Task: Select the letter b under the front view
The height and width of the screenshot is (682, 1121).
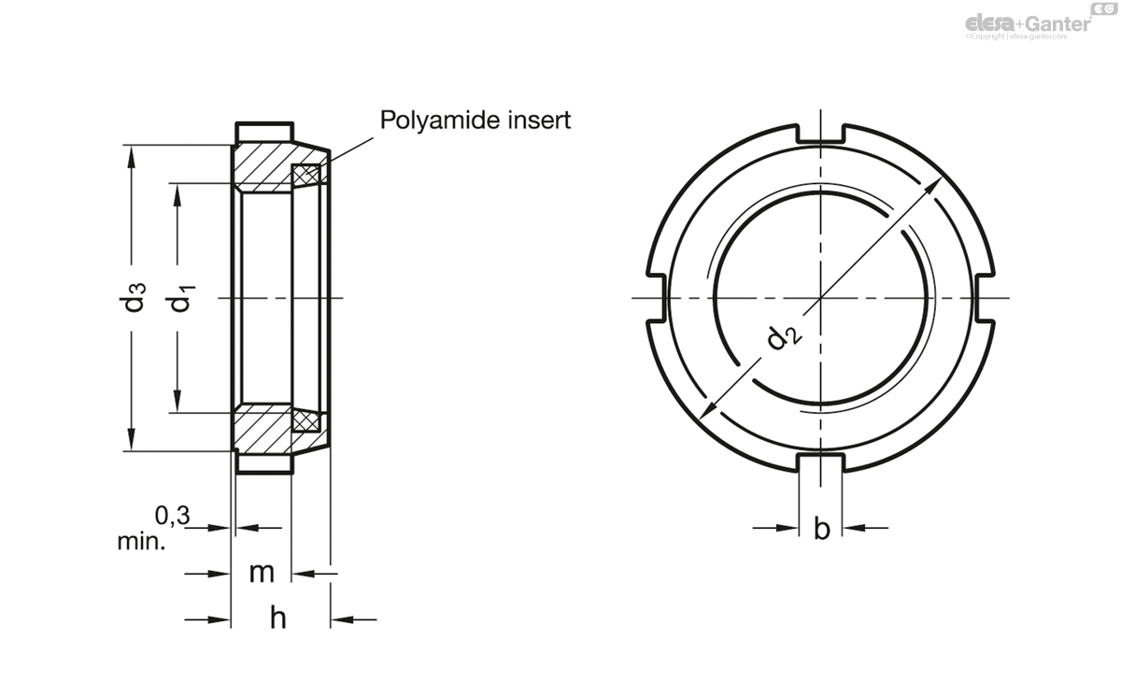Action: click(822, 529)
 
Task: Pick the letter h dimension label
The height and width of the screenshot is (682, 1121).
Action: click(277, 618)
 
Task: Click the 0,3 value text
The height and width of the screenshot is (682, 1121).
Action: click(171, 514)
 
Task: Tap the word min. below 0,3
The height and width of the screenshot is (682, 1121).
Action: click(141, 541)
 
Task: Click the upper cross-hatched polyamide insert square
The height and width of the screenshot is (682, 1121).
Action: click(306, 175)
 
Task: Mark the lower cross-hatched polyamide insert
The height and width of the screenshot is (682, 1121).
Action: click(307, 421)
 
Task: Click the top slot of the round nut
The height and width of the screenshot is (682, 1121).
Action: click(822, 134)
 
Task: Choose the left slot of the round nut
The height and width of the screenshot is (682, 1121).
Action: click(656, 298)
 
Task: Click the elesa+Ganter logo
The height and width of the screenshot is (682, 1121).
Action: click(1028, 22)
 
